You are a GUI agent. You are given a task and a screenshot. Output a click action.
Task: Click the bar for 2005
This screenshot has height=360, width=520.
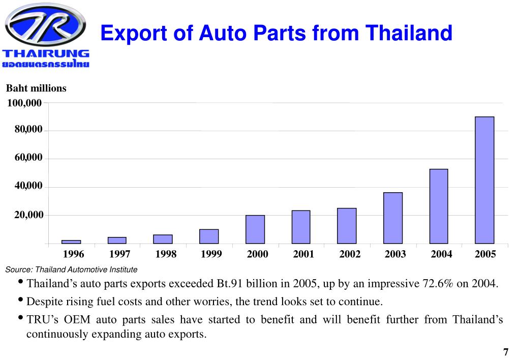point(484,180)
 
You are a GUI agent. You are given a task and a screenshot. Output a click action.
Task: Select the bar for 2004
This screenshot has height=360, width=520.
point(439,206)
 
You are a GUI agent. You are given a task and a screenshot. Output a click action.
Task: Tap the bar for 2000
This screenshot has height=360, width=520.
point(255,229)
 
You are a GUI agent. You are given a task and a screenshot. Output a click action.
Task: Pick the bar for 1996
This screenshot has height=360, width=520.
point(71,242)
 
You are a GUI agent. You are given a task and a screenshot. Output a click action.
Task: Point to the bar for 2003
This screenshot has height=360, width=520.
point(392,218)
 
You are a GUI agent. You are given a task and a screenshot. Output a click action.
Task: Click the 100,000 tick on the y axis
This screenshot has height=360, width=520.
point(24,103)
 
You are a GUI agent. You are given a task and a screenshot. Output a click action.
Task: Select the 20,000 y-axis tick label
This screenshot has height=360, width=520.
point(28,216)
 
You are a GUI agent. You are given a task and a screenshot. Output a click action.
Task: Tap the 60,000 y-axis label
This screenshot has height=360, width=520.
point(28,159)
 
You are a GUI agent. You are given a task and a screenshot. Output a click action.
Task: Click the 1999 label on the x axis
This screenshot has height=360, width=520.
point(211,254)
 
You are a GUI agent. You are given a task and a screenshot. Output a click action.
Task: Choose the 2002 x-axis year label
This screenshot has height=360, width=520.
point(350,254)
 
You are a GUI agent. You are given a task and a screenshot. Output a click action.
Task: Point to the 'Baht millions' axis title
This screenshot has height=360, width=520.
point(36,88)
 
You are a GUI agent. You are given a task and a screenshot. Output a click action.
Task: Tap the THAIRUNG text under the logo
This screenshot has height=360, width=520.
point(46,54)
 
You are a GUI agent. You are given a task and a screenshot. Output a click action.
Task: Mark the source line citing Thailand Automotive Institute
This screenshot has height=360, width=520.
point(71,269)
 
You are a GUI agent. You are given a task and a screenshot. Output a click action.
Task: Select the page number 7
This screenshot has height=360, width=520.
point(505,352)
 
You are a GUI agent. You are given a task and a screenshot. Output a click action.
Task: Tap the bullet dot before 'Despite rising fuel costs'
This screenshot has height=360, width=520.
point(20,300)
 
